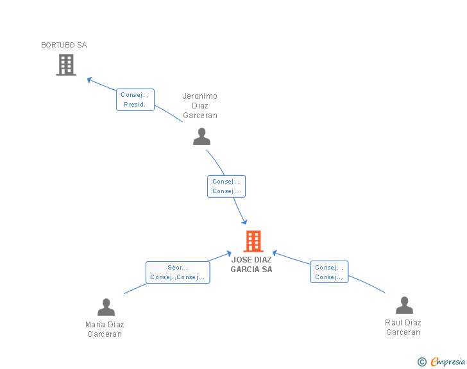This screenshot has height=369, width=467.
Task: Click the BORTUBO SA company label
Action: click(64, 45)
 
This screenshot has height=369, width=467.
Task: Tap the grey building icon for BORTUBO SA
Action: click(66, 65)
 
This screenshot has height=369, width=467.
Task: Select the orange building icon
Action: click(253, 241)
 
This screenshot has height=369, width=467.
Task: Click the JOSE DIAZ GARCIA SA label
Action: click(251, 264)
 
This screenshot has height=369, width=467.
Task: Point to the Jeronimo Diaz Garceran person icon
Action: click(201, 137)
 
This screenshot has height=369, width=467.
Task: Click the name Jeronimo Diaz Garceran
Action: click(200, 105)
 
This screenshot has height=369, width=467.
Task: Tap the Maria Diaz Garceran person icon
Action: click(106, 307)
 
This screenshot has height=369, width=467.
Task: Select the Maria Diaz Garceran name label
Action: click(105, 329)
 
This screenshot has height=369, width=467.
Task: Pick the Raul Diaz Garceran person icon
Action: click(404, 305)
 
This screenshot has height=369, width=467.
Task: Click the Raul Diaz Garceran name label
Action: click(403, 327)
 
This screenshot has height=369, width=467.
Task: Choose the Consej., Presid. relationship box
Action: click(135, 99)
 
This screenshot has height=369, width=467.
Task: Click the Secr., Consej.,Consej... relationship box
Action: click(178, 273)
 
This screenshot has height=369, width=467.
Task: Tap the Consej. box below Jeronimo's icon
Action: click(226, 186)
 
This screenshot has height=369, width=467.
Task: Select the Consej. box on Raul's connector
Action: click(329, 272)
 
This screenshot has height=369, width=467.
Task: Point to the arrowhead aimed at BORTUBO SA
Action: click(89, 80)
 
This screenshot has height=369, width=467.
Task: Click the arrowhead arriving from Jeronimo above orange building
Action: click(244, 222)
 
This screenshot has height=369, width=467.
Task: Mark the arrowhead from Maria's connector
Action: click(229, 253)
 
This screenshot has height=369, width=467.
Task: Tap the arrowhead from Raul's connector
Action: click(275, 253)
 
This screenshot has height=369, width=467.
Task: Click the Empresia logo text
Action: click(448, 361)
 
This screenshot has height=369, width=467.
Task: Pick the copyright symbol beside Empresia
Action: click(422, 362)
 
